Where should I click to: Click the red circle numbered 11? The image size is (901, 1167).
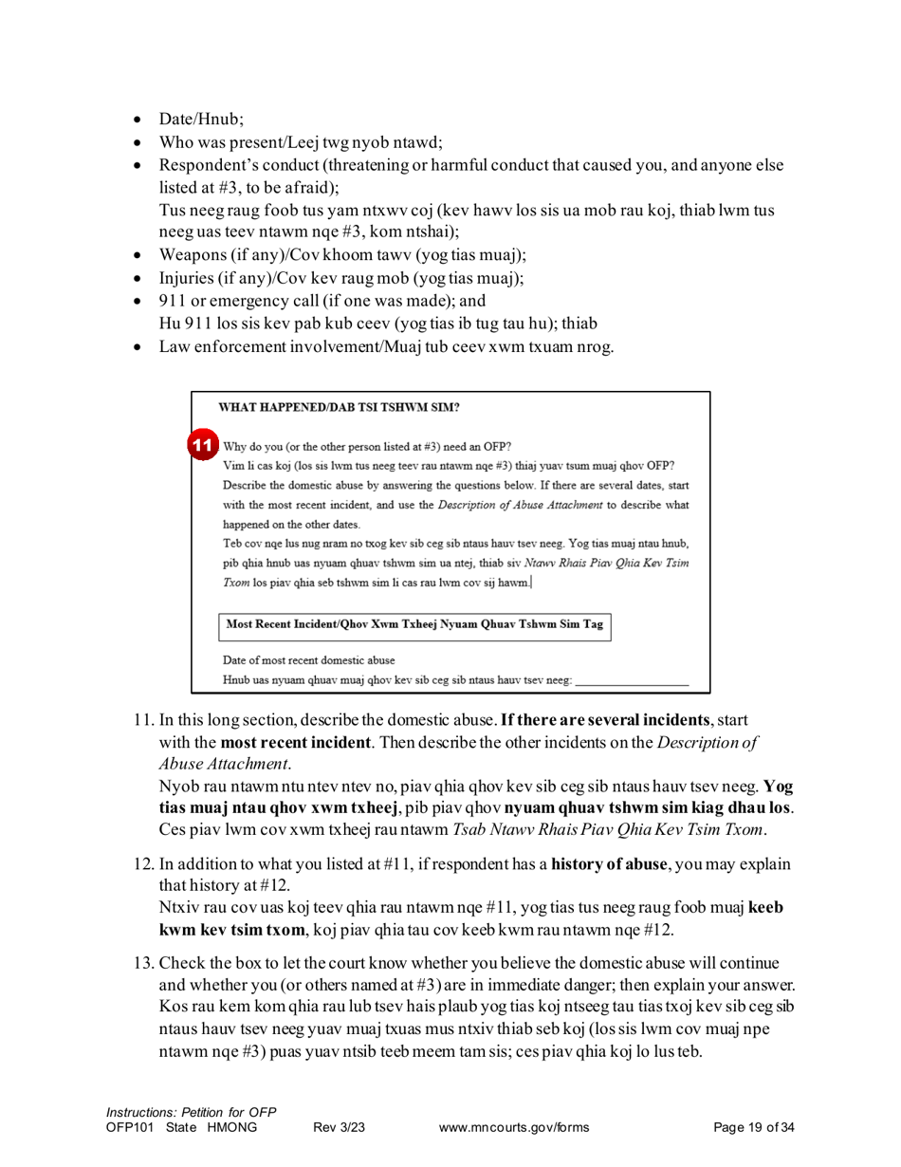click(202, 445)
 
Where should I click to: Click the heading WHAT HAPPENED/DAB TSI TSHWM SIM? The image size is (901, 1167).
click(340, 408)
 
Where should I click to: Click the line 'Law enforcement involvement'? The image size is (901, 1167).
click(386, 346)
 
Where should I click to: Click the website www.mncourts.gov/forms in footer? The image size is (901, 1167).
click(515, 1127)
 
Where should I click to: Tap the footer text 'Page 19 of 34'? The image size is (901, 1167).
click(752, 1127)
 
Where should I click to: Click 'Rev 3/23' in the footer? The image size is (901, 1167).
click(339, 1127)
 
